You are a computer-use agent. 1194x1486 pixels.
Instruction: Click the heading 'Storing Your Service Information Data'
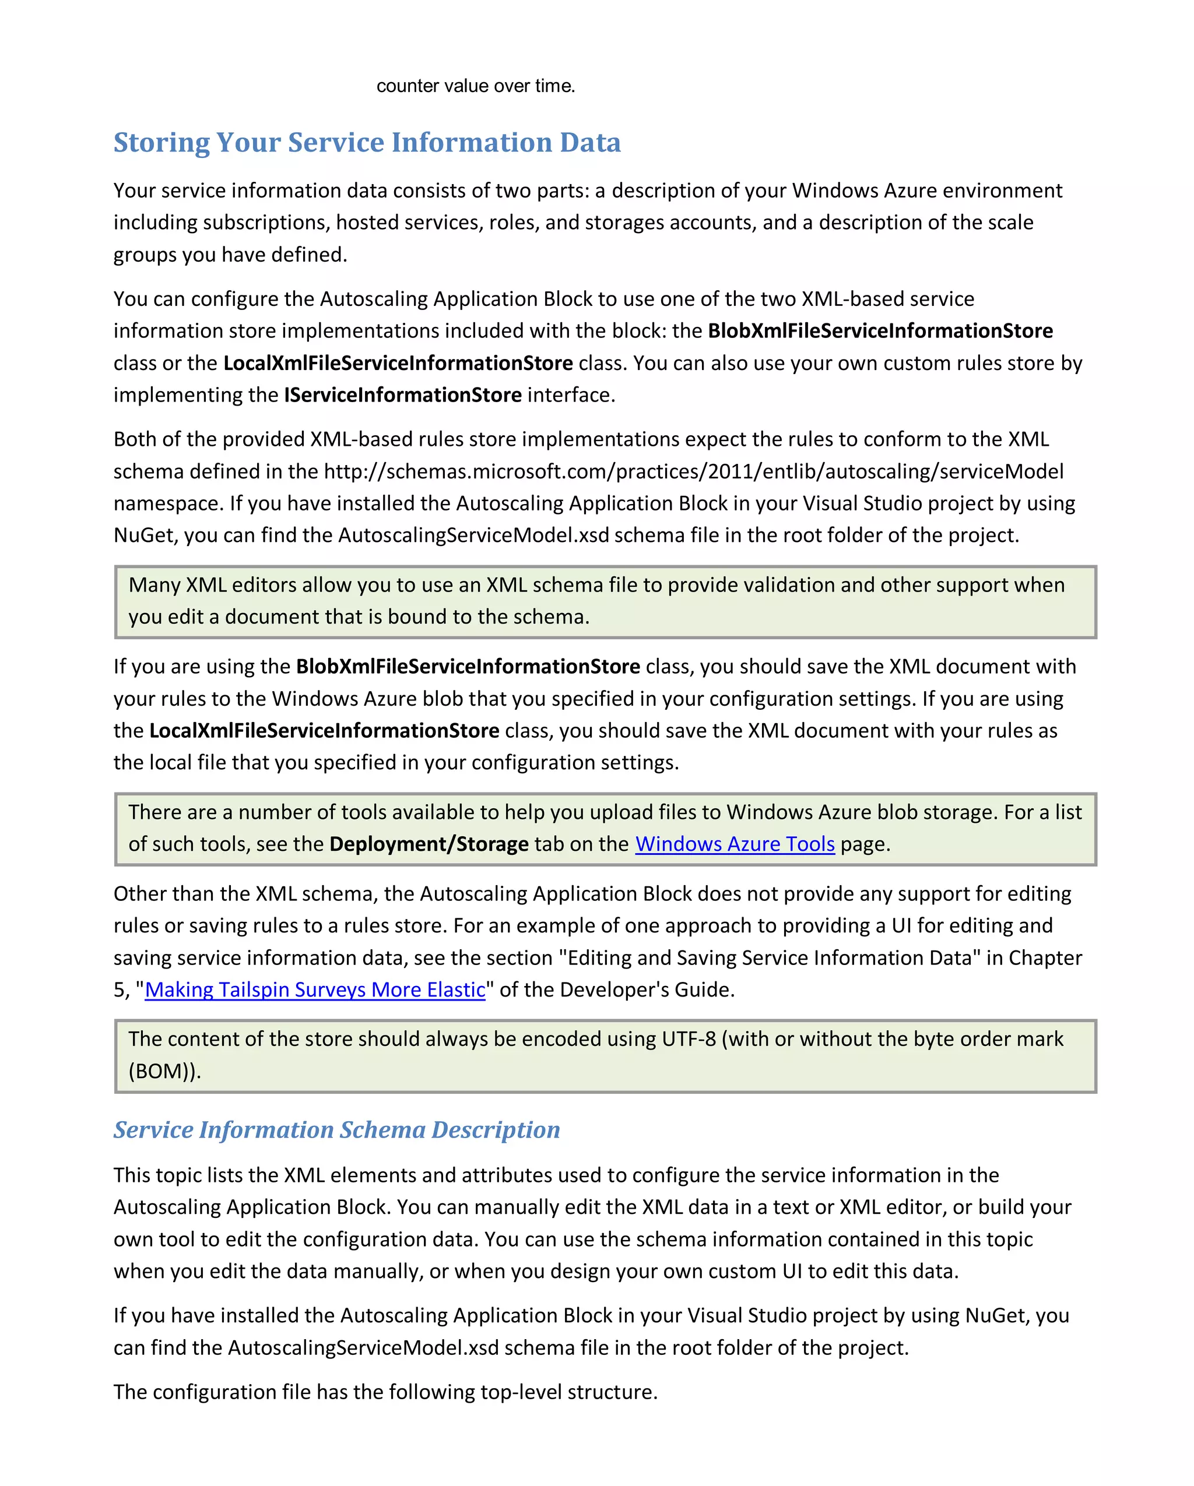pyautogui.click(x=367, y=143)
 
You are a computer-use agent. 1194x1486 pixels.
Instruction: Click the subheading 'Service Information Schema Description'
pyautogui.click(x=336, y=1130)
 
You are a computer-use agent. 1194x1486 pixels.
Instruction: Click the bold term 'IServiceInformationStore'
pyautogui.click(x=403, y=395)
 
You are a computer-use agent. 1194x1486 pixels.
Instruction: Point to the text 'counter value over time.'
pyautogui.click(x=475, y=86)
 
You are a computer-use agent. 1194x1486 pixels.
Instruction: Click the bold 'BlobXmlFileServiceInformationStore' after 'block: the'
pyautogui.click(x=880, y=331)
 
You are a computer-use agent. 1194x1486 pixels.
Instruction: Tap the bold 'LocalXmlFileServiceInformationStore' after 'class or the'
pyautogui.click(x=398, y=363)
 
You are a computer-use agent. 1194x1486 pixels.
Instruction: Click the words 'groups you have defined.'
pyautogui.click(x=230, y=255)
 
